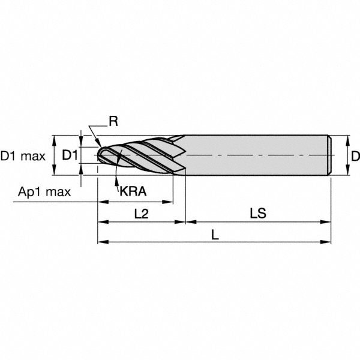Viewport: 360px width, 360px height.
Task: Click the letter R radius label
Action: [113, 121]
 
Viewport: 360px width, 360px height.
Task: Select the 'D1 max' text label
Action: [23, 156]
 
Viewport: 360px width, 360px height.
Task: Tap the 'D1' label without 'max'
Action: [70, 155]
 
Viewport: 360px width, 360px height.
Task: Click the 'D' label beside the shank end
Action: [355, 156]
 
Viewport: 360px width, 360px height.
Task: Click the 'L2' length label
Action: [142, 213]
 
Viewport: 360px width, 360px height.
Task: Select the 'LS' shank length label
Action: [258, 213]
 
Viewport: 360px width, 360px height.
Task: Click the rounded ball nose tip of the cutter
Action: [100, 155]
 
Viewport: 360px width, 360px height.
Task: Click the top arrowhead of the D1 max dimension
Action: [55, 139]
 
